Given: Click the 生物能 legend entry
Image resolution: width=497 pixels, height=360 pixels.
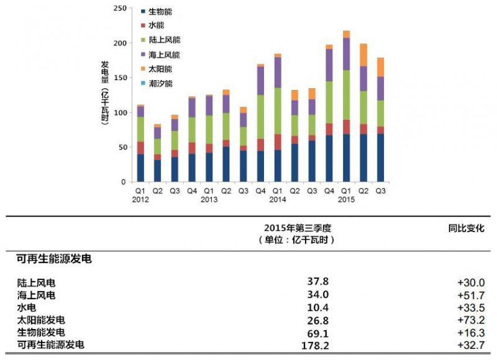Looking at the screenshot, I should coord(160,11).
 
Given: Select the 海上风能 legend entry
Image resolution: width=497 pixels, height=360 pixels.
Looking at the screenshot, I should coord(164,54).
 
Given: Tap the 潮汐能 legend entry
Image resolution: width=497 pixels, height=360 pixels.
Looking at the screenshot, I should coord(160,83).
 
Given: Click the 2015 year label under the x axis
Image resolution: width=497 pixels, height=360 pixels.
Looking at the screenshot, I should coord(346,200).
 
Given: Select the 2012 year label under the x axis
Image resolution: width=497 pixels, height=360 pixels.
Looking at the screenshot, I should coord(140,200).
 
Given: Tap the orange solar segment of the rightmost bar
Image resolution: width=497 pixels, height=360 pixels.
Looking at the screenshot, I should coord(380,67).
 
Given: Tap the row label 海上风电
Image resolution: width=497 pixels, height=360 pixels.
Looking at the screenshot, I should coord(36,295).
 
